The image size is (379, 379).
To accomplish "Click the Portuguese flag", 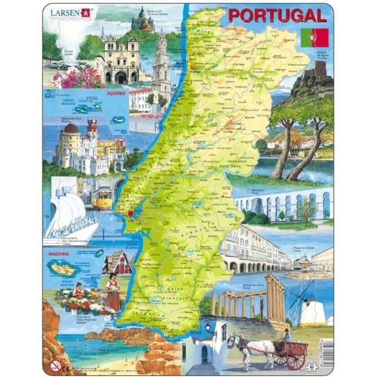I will (x=315, y=37).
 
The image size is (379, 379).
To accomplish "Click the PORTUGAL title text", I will (x=277, y=15).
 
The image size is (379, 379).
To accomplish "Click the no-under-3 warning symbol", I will (x=55, y=365).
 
